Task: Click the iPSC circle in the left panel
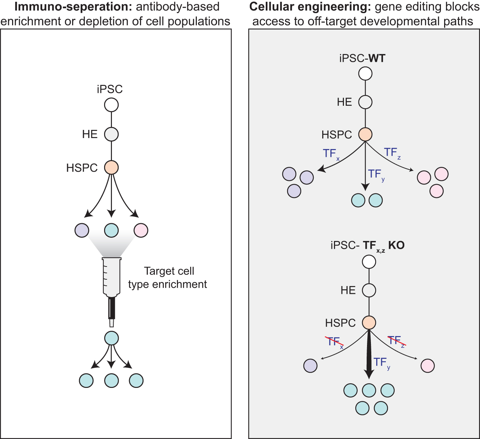(111, 105)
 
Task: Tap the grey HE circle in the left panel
(111, 134)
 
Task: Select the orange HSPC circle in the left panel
(111, 168)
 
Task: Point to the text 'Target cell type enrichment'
(167, 278)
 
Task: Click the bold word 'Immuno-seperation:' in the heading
(73, 7)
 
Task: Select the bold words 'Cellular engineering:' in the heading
(310, 7)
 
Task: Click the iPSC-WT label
(362, 58)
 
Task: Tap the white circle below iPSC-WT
(365, 73)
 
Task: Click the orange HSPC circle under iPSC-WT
(365, 135)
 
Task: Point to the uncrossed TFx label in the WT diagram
(331, 154)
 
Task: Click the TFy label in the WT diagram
(376, 175)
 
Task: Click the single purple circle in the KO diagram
(311, 366)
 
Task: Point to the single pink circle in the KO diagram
(428, 366)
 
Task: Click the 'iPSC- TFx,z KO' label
(367, 246)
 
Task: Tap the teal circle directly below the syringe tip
(112, 338)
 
